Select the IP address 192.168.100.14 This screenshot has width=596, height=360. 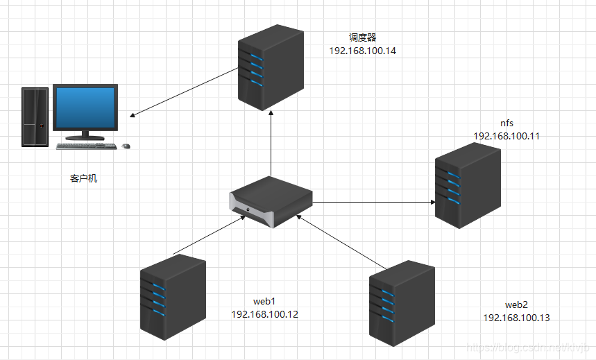(x=362, y=51)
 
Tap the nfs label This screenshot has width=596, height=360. (x=506, y=123)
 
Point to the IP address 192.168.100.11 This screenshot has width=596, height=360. (x=506, y=136)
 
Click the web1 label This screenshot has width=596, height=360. (x=264, y=301)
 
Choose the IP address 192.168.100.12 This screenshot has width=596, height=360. (x=264, y=314)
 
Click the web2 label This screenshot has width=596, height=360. (x=516, y=305)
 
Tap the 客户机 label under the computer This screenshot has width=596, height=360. (x=84, y=179)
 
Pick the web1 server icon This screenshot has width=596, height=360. (x=173, y=296)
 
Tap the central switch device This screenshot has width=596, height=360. (x=271, y=201)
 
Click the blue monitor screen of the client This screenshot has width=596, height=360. (x=85, y=108)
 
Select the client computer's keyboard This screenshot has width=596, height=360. (x=85, y=146)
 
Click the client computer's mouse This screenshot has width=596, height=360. (x=126, y=146)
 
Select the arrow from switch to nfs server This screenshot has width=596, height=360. (x=375, y=203)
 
